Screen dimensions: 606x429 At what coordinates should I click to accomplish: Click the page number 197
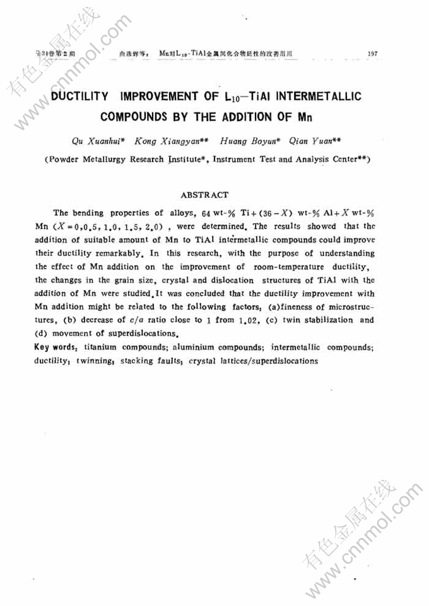point(372,54)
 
